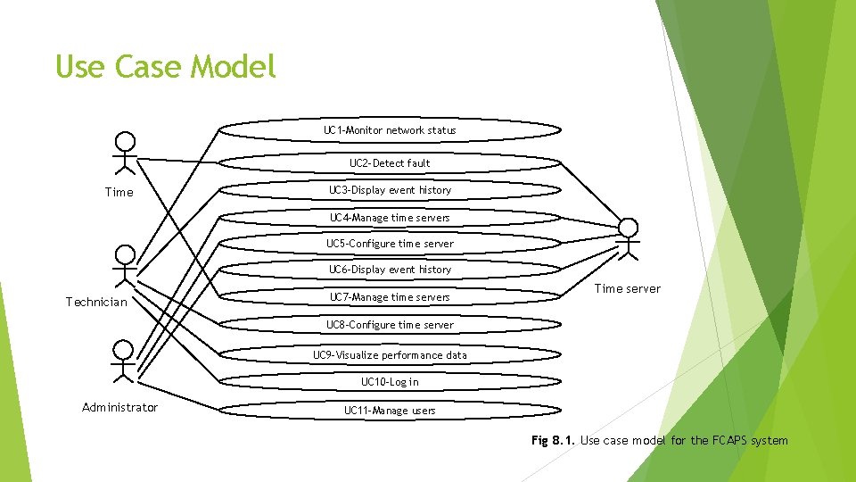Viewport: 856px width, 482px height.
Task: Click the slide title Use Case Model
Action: (x=166, y=67)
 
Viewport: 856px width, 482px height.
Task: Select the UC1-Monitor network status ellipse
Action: (x=390, y=130)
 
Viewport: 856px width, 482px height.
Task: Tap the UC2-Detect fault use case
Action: (x=390, y=163)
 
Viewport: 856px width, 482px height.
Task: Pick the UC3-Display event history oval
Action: (x=390, y=190)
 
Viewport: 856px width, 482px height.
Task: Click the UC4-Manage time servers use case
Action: (x=390, y=218)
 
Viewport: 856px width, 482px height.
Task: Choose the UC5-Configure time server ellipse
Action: (x=390, y=244)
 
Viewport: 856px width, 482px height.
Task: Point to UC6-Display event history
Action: (x=390, y=270)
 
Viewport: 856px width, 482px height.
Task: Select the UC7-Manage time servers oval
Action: (x=390, y=297)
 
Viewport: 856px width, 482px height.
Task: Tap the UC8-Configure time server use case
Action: (x=390, y=325)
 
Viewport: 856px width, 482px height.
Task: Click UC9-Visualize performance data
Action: (x=390, y=355)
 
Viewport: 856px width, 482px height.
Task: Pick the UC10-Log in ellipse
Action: (x=390, y=382)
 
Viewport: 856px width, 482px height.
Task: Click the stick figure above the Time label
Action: (x=126, y=154)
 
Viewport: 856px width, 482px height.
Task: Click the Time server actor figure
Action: (x=629, y=238)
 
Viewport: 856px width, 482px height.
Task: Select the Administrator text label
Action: (x=119, y=408)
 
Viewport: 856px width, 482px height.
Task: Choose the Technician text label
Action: (x=96, y=303)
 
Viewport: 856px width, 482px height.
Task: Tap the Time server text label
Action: (x=628, y=288)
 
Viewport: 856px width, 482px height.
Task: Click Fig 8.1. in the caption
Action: (x=553, y=440)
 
